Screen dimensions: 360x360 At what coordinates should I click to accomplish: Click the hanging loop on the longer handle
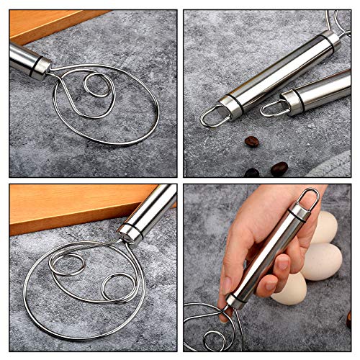[x=214, y=115]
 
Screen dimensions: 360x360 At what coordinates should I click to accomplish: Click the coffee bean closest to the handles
[x=251, y=142]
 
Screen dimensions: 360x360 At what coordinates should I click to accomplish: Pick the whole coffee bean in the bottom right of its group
[x=279, y=168]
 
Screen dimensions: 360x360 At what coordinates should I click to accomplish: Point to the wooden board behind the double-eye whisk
[x=58, y=205]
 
